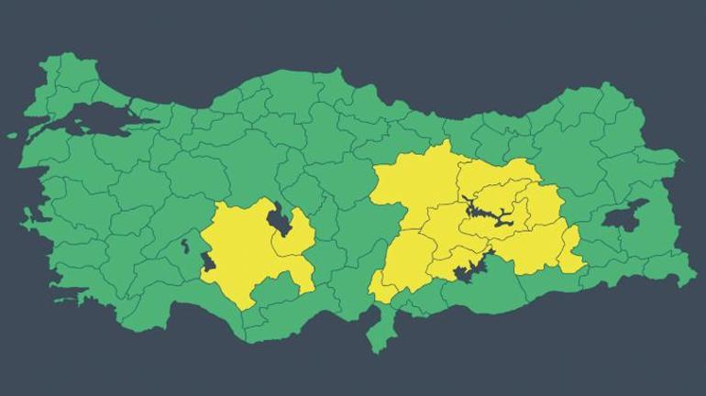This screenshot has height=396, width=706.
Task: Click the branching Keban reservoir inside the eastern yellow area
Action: tap(486, 213)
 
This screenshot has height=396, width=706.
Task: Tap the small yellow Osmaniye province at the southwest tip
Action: tap(382, 291)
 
